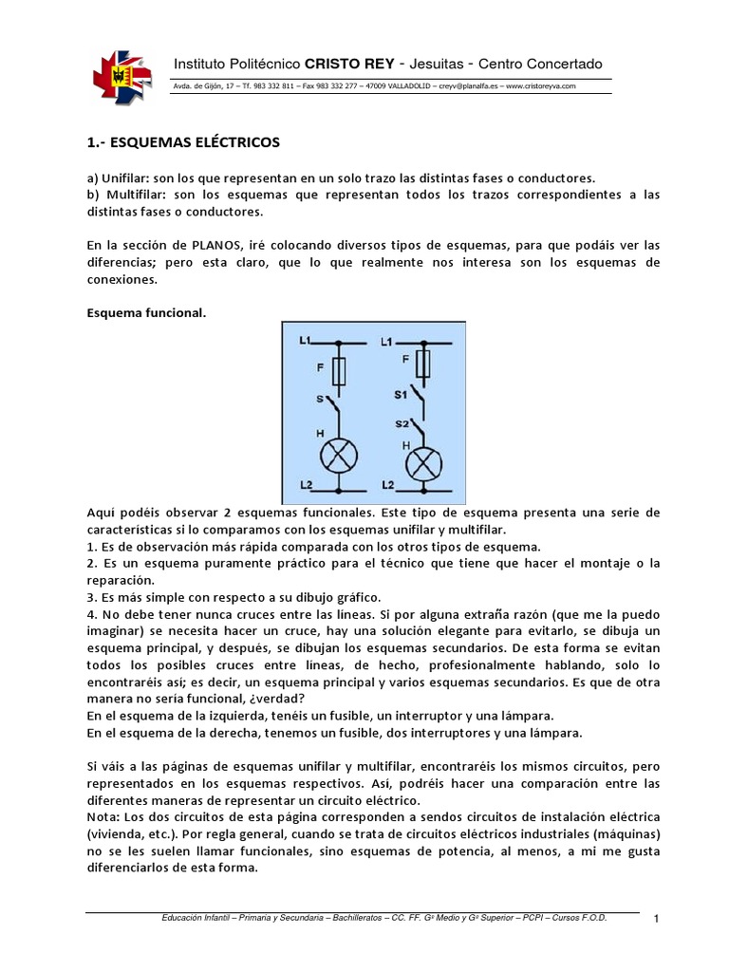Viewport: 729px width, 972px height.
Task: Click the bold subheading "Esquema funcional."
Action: pos(145,311)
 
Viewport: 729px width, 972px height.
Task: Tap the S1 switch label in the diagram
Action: pos(400,391)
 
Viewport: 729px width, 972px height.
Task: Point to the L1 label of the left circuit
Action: pos(306,340)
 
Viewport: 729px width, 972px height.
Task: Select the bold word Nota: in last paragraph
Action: pos(103,816)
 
